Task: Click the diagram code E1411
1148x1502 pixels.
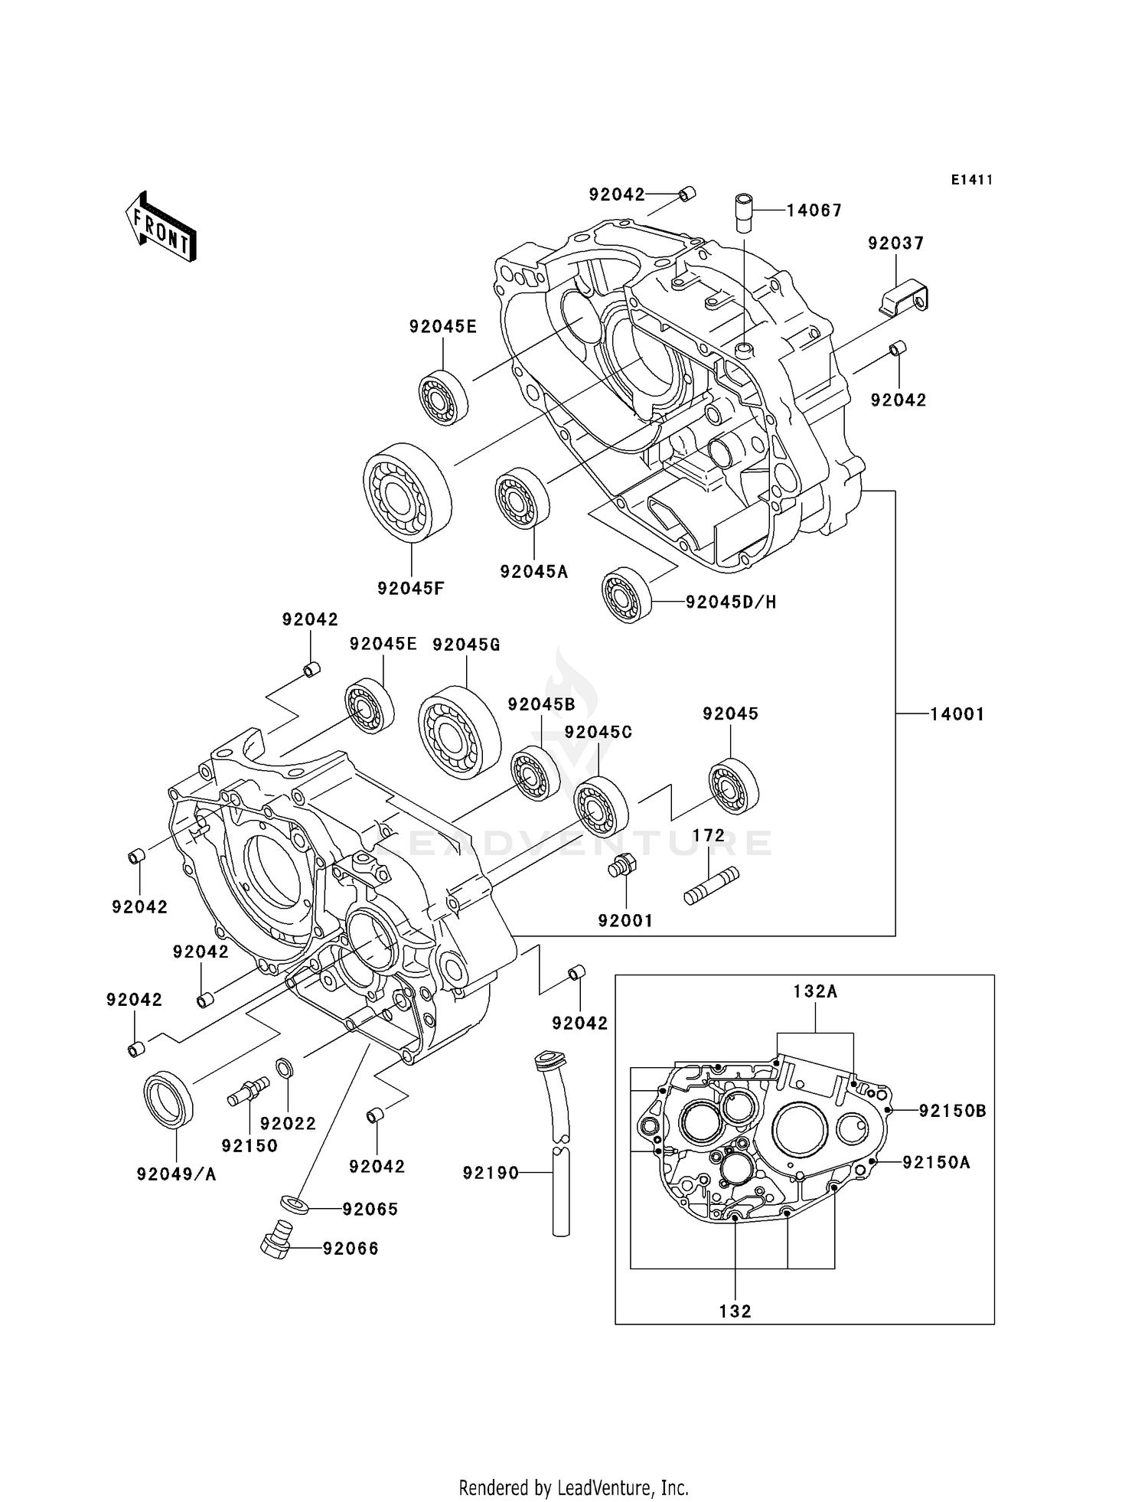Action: (972, 180)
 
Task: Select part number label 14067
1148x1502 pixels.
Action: (814, 211)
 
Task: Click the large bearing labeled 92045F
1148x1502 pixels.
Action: (406, 492)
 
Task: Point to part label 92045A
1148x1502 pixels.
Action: (534, 572)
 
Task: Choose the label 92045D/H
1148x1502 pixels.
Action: (731, 602)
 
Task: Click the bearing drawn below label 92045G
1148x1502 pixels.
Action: (459, 733)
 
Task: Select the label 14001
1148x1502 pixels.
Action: (957, 714)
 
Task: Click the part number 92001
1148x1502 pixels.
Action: (625, 921)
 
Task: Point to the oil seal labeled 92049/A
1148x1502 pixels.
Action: (169, 1100)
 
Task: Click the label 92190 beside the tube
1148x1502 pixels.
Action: (491, 1173)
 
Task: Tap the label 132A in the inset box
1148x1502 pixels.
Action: (815, 991)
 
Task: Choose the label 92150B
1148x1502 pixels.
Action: (953, 1111)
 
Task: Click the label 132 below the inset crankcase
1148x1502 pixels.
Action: (735, 1311)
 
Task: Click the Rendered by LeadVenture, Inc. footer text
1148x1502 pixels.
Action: (573, 1487)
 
